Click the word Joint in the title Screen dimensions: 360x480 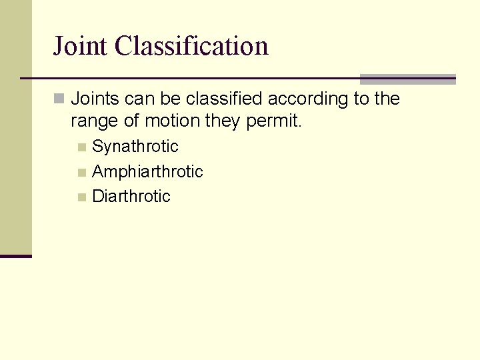81,46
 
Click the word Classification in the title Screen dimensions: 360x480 191,46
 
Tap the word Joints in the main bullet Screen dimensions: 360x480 95,99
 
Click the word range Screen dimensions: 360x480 91,121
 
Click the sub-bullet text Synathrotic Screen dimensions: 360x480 135,147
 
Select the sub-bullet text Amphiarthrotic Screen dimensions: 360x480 147,171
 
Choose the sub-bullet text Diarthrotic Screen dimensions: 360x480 131,197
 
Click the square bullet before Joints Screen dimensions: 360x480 60,99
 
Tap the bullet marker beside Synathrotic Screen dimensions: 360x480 81,147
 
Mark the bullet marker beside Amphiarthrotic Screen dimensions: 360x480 81,172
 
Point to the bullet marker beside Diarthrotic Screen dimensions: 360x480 81,197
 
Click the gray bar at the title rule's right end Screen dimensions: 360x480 407,79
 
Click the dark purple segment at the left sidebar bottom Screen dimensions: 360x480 15,255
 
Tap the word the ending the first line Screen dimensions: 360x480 387,99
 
